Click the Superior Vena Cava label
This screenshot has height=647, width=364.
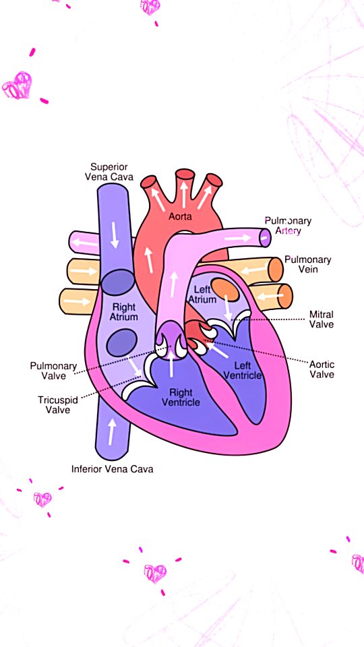point(109,172)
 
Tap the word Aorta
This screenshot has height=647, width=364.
point(181,216)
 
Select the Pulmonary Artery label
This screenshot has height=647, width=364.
point(288,225)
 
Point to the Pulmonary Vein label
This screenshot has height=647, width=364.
point(307,264)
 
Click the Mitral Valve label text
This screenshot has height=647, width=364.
point(322,319)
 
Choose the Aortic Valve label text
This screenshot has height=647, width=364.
point(322,369)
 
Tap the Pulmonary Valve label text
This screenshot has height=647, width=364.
point(54,371)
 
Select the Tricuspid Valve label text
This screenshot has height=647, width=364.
point(58,404)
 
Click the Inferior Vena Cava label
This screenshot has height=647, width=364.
point(113,469)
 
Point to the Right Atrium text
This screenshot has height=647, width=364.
point(123,312)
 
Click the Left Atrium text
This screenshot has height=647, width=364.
point(202,295)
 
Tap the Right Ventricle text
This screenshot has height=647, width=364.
point(181,397)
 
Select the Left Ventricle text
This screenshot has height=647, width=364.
point(242,370)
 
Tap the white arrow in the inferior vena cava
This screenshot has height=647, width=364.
point(112,431)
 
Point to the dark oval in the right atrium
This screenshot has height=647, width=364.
point(122,342)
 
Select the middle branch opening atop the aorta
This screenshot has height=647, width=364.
point(185,174)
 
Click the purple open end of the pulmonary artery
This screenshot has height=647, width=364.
point(266,237)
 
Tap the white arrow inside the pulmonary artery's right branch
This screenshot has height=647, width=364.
point(238,238)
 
